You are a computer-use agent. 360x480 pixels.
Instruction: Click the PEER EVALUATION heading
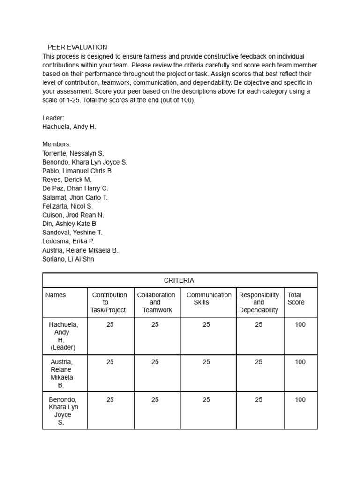coord(77,47)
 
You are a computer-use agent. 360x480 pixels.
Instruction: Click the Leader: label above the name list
coord(53,118)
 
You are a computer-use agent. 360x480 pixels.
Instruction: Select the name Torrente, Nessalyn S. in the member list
coord(73,153)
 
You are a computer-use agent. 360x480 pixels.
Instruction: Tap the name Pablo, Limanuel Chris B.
coord(78,171)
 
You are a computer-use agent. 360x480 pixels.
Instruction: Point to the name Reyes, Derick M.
coord(67,180)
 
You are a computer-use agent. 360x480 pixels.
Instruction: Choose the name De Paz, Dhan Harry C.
coord(75,188)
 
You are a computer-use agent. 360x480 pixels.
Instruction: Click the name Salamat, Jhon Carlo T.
coord(75,197)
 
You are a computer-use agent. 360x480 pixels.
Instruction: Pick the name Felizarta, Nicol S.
coord(67,206)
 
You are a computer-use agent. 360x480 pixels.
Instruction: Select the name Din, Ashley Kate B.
coord(70,224)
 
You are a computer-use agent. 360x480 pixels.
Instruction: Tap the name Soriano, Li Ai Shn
coord(68,259)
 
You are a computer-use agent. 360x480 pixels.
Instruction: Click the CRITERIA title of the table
coord(179,280)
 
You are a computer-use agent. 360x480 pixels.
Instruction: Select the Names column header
coord(56,295)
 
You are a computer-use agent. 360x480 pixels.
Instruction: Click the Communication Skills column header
coord(209,299)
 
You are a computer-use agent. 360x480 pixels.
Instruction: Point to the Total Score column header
coord(296,299)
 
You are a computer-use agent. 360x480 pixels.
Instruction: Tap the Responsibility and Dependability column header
coord(259,302)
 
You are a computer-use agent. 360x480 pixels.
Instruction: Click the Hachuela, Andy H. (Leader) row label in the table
coord(63,336)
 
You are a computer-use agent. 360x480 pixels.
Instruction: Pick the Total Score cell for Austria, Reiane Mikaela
coord(300,362)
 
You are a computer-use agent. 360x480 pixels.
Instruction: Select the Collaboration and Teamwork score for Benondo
coord(155,400)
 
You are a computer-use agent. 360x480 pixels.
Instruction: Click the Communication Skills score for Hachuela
coord(206,324)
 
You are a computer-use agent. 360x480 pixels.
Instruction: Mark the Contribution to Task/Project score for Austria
coord(110,362)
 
